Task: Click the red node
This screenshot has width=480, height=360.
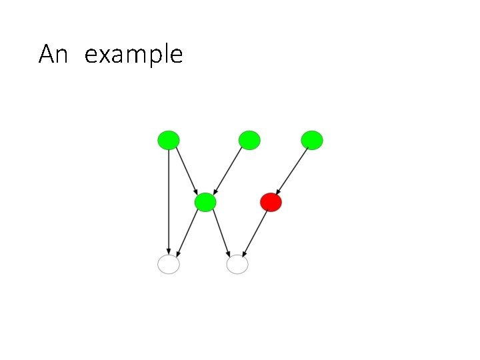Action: [271, 202]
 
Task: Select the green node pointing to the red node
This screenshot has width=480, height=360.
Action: [311, 140]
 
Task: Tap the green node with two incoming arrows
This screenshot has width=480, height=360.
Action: [205, 202]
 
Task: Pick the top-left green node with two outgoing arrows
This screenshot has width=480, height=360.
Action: [169, 140]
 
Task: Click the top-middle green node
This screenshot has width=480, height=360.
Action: [249, 140]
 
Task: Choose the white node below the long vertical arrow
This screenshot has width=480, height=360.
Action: [169, 265]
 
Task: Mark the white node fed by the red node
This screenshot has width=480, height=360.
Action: [237, 265]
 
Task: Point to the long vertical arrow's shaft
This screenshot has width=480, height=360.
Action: [169, 200]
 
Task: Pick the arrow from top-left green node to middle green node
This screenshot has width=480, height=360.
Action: [187, 171]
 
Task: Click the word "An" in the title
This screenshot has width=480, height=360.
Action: [53, 54]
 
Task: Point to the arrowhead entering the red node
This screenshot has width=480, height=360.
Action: [278, 191]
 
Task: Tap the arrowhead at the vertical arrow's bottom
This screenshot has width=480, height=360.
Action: [169, 251]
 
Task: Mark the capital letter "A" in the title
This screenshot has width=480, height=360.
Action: [46, 54]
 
